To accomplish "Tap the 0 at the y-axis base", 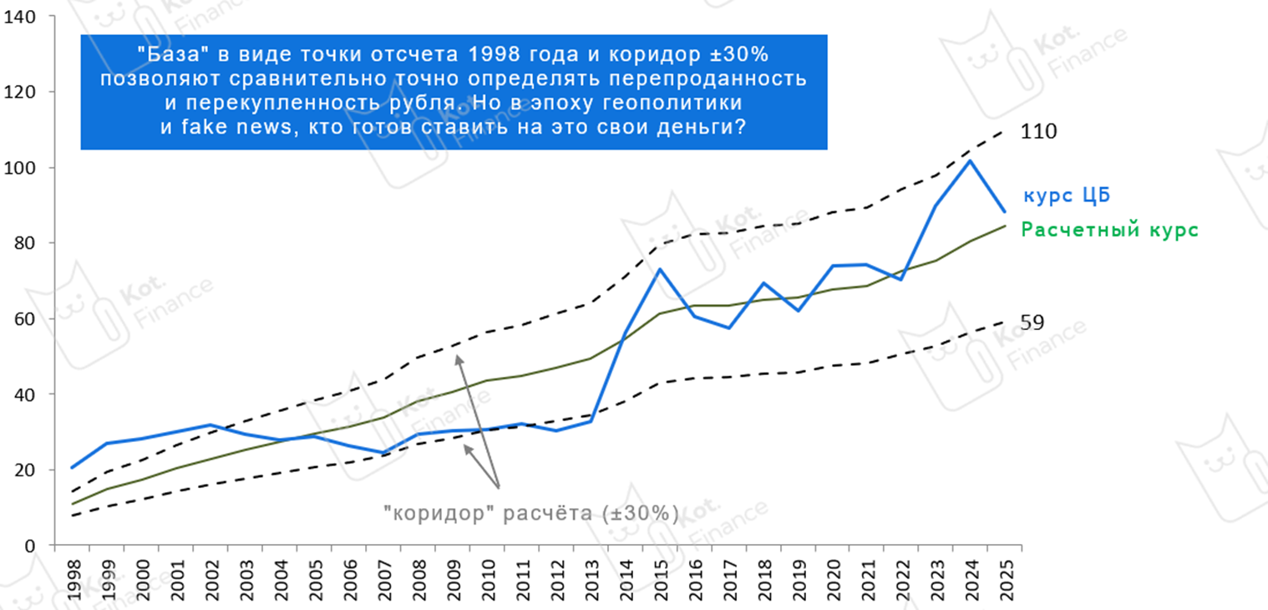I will click(x=28, y=546).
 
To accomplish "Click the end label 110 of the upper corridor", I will click(x=1037, y=132).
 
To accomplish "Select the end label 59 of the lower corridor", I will click(x=1032, y=323).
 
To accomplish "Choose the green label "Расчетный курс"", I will click(x=1110, y=230).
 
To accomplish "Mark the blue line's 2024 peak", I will click(x=969, y=160).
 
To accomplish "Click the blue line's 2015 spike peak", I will click(x=660, y=269).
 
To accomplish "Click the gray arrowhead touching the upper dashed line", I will click(x=458, y=358).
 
